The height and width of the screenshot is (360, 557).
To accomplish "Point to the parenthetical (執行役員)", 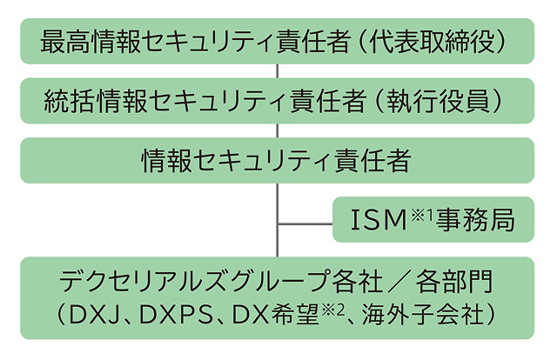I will coord(436,101).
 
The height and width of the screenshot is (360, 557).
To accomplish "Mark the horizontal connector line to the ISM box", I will coord(305,226).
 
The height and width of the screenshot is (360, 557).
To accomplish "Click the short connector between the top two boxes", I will coord(278,69).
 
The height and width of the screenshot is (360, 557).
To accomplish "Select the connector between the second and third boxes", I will coord(278,130).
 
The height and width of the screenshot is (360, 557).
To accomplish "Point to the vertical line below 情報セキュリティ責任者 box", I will coord(278,204).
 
